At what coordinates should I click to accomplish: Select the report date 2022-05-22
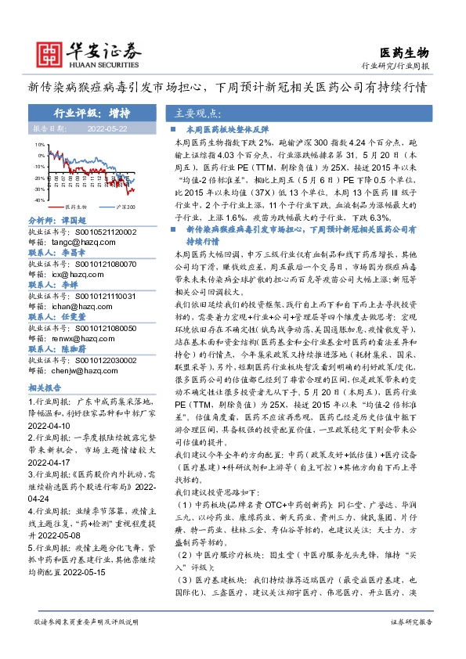pyautogui.click(x=107, y=128)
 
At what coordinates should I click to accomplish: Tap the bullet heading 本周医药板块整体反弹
pyautogui.click(x=227, y=128)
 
